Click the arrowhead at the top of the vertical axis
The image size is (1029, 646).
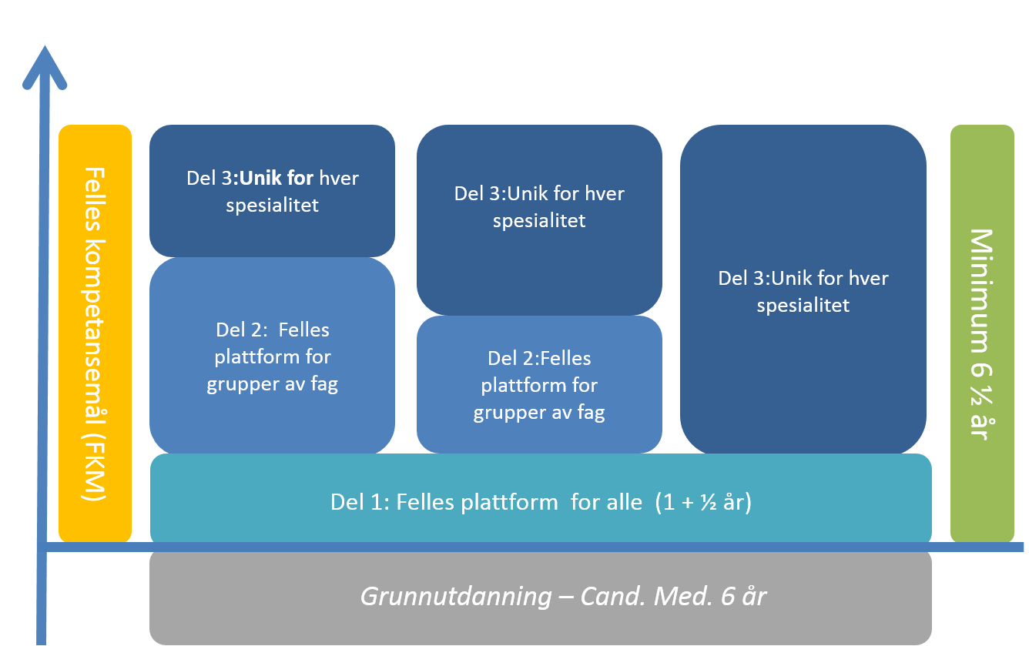pos(44,66)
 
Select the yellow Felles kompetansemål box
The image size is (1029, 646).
pos(95,333)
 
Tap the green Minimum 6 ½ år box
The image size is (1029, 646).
pos(981,333)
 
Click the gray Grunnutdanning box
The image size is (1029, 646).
pos(540,597)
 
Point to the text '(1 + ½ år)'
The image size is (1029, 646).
pos(702,502)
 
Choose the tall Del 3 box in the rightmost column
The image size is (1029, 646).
pos(803,290)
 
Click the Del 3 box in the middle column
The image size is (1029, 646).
pos(539,219)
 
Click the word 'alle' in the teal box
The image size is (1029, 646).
pos(623,502)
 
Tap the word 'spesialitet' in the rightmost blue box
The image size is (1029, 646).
pos(803,306)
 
